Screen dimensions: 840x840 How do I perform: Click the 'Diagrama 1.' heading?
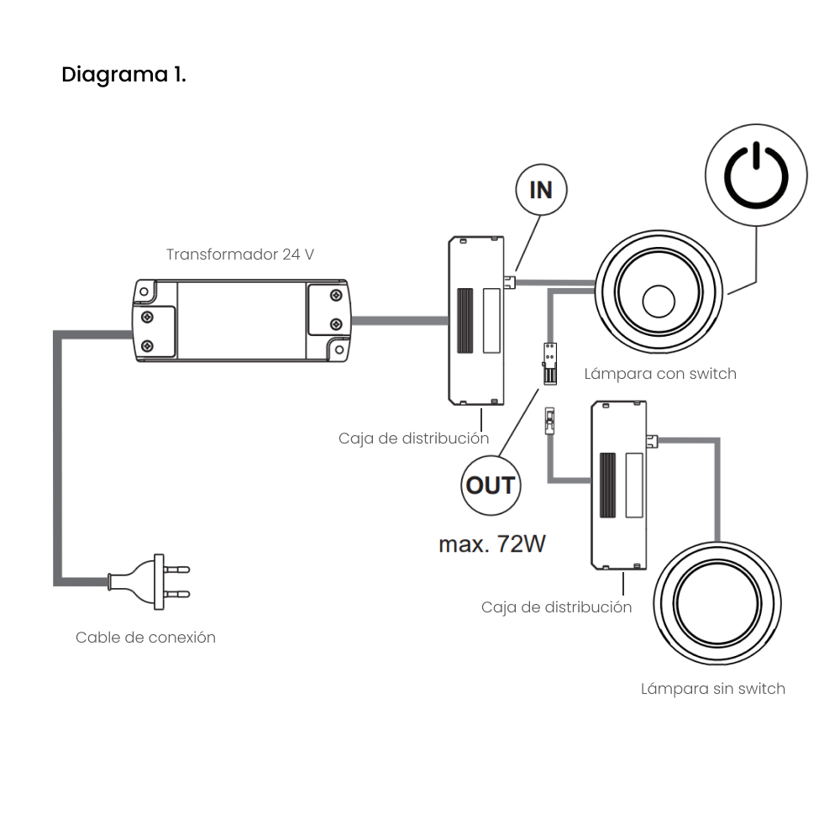pos(124,75)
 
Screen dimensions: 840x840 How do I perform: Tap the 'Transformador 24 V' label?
pos(240,255)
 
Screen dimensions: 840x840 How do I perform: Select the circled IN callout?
pos(540,190)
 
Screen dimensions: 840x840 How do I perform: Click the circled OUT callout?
pos(490,486)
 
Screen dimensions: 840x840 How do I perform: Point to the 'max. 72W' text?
pos(492,543)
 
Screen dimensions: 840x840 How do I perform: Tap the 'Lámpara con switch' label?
pos(660,374)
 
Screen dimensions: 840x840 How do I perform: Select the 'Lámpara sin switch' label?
pos(712,689)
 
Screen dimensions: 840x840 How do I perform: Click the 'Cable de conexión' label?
pos(145,638)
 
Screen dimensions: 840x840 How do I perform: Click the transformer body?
pos(241,322)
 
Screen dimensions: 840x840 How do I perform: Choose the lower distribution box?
pos(619,485)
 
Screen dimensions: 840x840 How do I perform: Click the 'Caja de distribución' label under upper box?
pos(413,438)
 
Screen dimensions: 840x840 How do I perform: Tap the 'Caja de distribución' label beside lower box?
pos(556,607)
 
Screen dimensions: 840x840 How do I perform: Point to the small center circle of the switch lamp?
pos(659,301)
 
